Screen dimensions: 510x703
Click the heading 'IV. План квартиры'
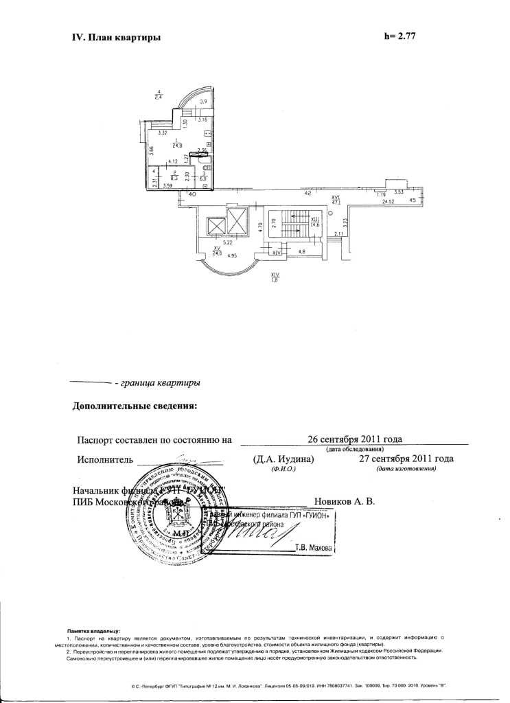point(116,38)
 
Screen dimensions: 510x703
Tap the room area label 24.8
point(178,145)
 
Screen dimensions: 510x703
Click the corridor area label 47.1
point(336,202)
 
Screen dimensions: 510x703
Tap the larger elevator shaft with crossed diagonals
point(237,221)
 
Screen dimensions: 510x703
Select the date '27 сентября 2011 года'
point(406,459)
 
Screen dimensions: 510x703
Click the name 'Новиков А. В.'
point(344,502)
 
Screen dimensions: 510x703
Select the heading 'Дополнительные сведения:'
point(135,406)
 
